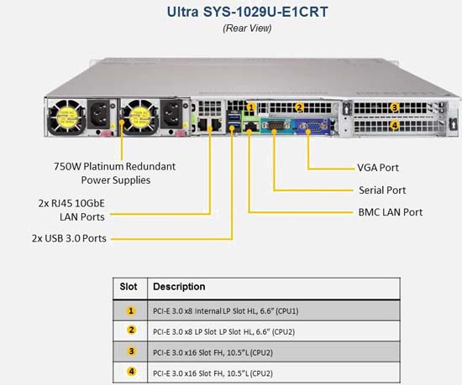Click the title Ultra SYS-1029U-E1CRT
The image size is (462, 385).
tap(247, 12)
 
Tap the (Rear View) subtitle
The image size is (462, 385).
tap(247, 29)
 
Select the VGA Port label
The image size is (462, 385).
tap(378, 168)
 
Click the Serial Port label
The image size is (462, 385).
tap(382, 190)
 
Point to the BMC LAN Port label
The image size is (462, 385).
tap(391, 212)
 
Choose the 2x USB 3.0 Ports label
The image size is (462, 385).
tap(69, 238)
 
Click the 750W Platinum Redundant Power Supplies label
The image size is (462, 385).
tap(114, 173)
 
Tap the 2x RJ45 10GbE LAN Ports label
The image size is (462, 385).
tap(71, 210)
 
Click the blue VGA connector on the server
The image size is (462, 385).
tap(312, 127)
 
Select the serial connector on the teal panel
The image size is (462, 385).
tap(276, 126)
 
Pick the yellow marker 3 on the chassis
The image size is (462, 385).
tap(395, 107)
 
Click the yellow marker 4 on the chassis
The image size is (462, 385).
tap(395, 126)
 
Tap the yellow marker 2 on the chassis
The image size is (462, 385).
tap(299, 107)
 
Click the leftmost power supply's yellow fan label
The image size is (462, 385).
tap(67, 117)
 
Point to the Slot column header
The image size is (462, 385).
tap(129, 287)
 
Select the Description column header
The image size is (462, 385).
tap(179, 287)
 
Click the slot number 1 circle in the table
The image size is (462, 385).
tap(131, 311)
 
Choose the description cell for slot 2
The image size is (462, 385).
tap(274, 331)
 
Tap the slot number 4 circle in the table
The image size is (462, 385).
tap(131, 372)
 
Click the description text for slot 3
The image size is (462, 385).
tap(213, 352)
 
